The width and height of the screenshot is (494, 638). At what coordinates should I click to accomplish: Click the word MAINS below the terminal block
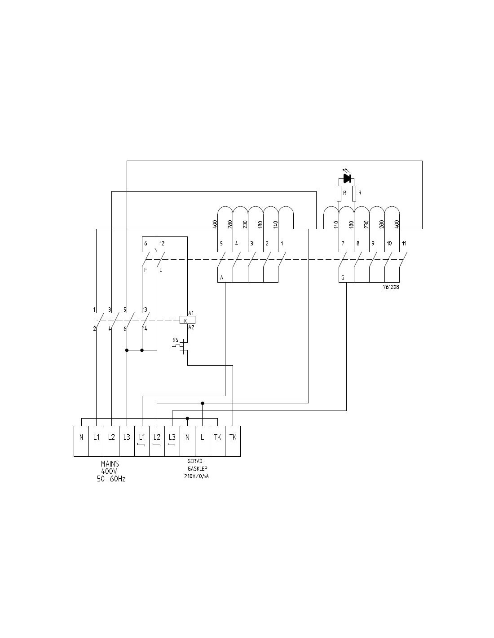110,464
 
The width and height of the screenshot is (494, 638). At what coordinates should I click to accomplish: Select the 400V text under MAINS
110,471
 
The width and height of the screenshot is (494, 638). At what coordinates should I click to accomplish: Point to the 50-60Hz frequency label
111,479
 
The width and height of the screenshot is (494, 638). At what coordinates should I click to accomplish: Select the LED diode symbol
346,179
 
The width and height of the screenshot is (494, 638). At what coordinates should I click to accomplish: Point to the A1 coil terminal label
191,313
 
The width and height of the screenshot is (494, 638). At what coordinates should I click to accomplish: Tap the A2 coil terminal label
191,328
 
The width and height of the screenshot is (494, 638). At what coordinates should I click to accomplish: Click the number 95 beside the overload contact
175,340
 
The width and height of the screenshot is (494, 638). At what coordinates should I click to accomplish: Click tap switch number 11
404,244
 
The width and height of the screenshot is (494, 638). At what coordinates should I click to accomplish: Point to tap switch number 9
372,244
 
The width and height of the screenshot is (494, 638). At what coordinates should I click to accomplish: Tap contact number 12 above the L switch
162,244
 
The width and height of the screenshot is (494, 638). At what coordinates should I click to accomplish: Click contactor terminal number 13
145,310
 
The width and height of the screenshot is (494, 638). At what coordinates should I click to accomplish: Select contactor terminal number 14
145,329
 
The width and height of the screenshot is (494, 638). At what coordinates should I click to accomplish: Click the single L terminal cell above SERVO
203,437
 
